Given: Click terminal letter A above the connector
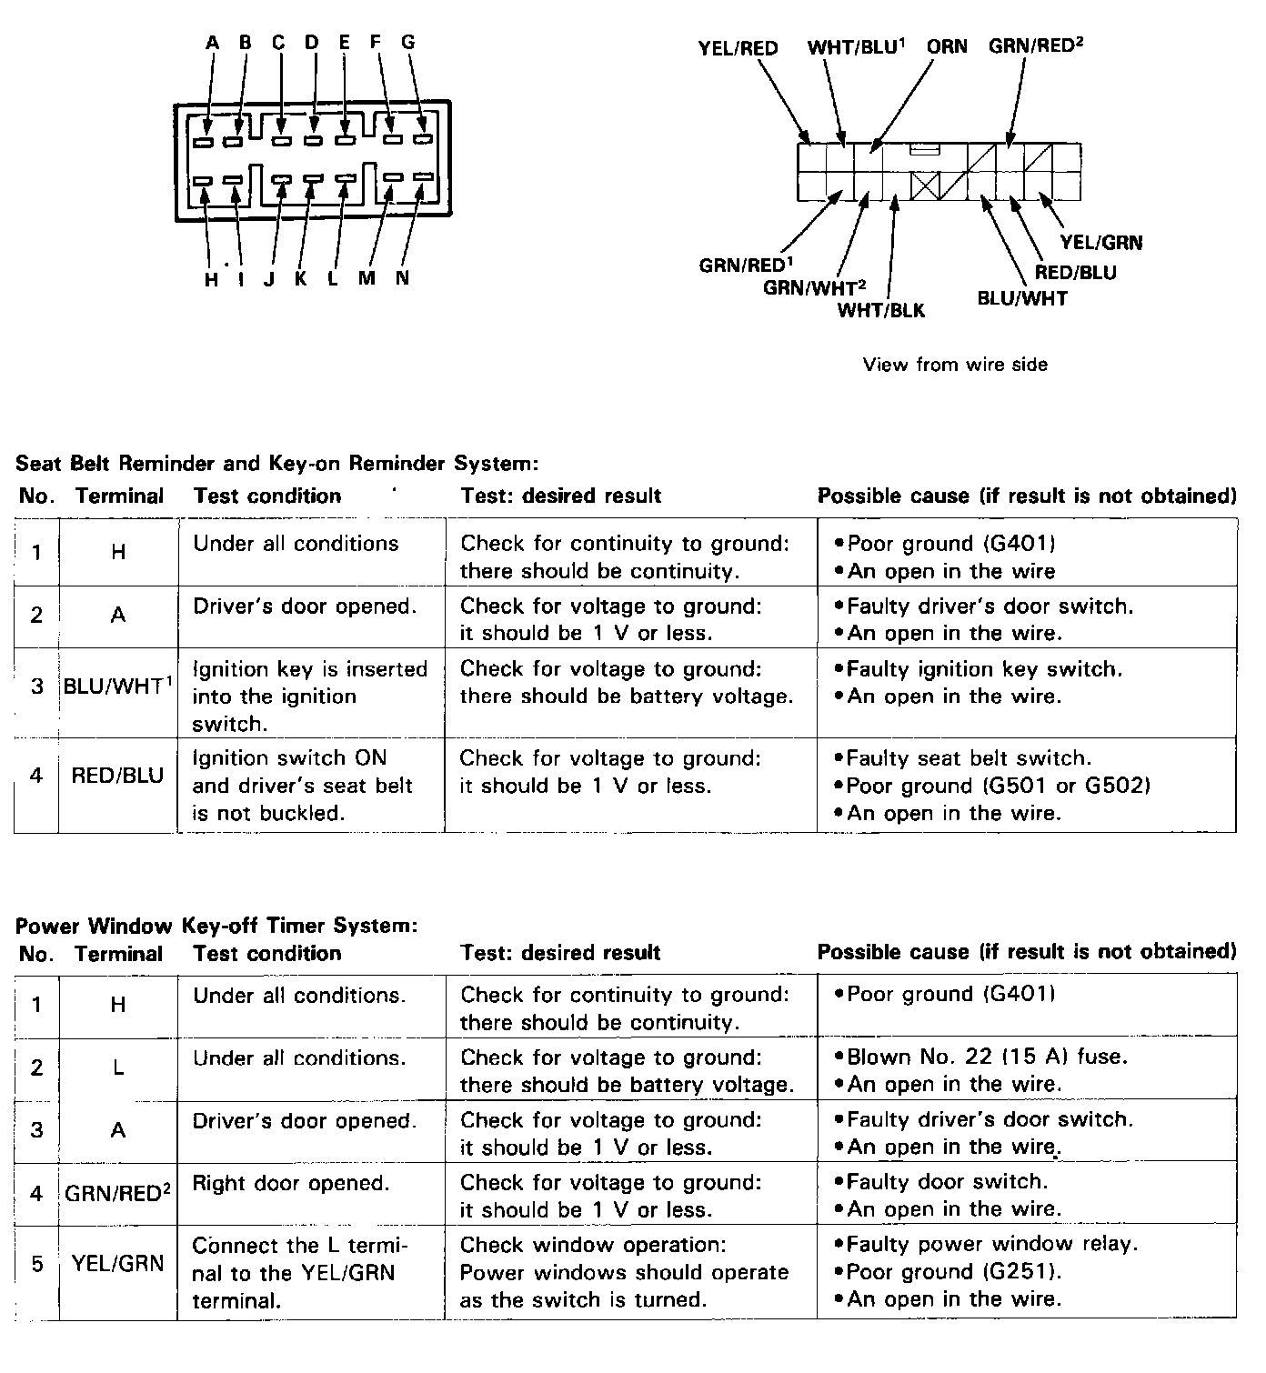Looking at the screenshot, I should click(x=212, y=42).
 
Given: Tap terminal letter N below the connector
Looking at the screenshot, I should click(x=402, y=278).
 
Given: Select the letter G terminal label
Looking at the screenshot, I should click(x=407, y=42).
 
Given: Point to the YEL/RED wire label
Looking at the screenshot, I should click(x=738, y=48).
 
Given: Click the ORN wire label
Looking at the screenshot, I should click(x=947, y=46).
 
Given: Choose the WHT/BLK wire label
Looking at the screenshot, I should click(x=880, y=310).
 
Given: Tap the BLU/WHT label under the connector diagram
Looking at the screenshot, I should click(x=1021, y=298).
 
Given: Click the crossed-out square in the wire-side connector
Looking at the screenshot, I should click(x=924, y=186).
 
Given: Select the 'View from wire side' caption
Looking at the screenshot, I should click(x=955, y=365).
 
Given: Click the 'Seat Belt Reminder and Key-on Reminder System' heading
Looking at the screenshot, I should click(x=277, y=464).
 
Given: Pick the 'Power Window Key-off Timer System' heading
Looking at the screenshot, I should click(x=216, y=926).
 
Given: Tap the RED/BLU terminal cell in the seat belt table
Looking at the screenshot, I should click(x=117, y=776).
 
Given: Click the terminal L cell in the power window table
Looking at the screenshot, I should click(x=117, y=1067).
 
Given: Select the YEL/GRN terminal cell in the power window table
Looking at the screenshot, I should click(x=117, y=1262).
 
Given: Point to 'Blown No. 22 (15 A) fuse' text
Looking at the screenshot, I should click(x=987, y=1057).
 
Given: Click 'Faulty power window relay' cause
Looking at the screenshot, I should click(x=991, y=1244).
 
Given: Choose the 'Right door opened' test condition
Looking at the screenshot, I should click(x=291, y=1183).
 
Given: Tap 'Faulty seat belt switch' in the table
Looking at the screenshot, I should click(x=969, y=758).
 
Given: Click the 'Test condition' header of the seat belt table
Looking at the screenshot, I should click(x=267, y=496).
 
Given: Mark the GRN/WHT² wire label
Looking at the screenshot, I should click(x=814, y=287).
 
